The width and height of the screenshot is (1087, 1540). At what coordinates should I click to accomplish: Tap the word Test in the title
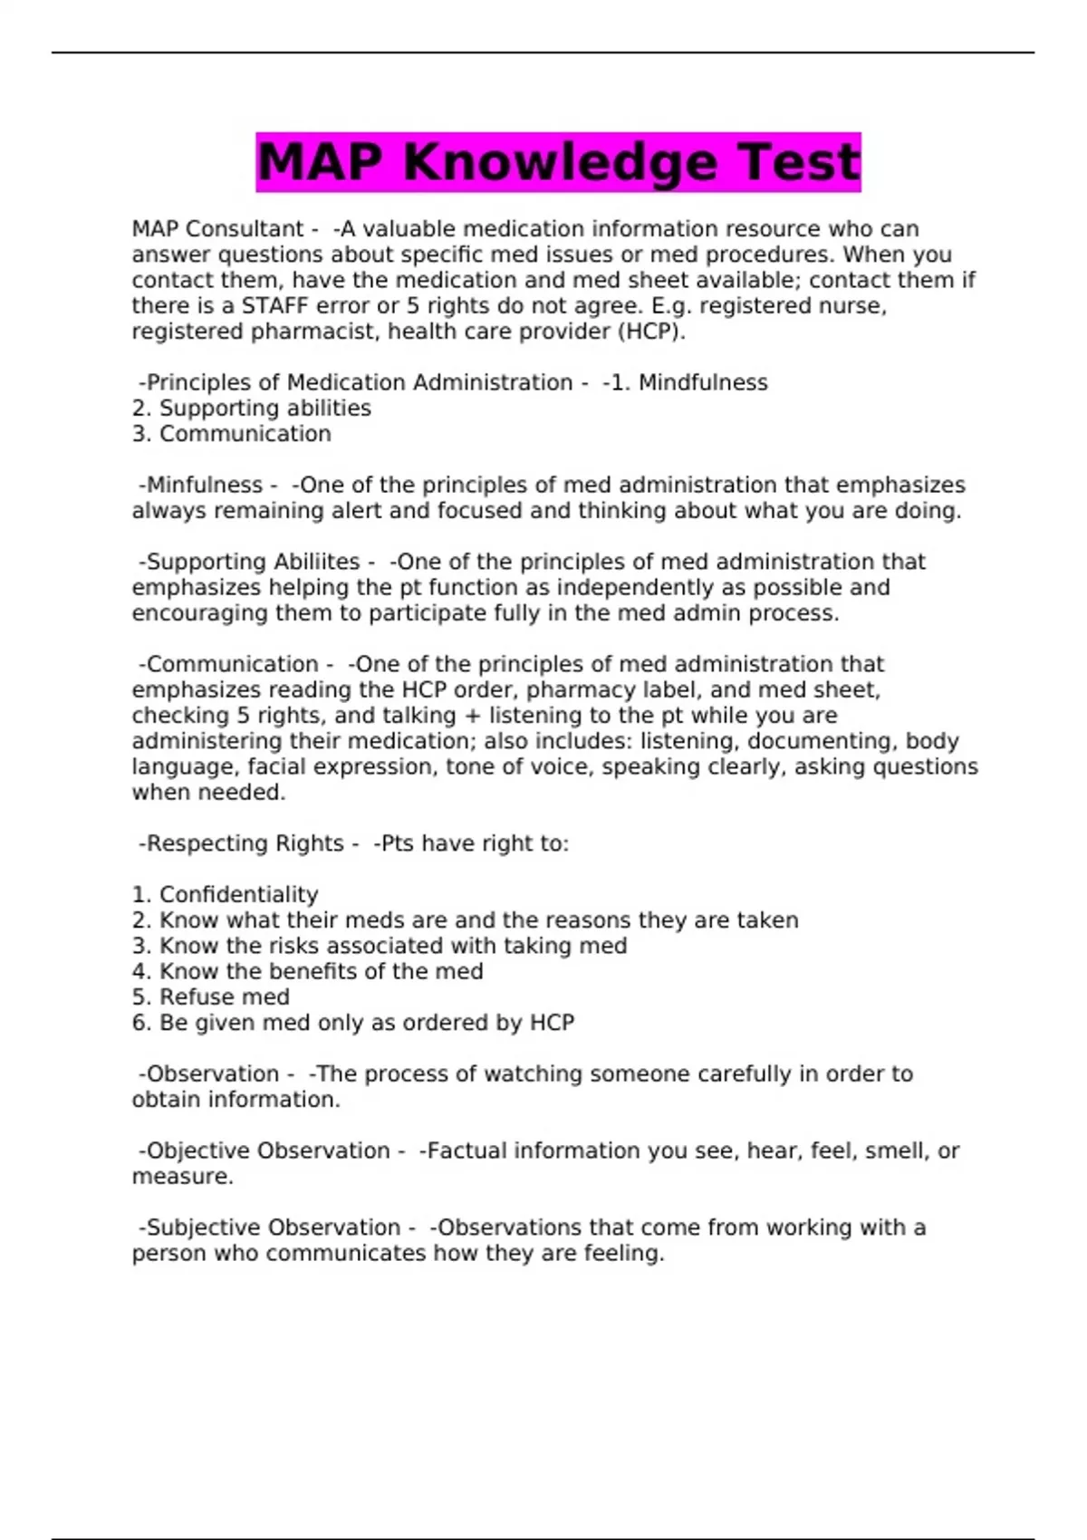coord(799,162)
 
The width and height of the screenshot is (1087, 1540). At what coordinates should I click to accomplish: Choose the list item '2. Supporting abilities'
coord(251,409)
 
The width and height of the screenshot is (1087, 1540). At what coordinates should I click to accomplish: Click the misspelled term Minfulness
coord(204,486)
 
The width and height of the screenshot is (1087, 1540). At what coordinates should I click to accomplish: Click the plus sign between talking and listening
coord(471,716)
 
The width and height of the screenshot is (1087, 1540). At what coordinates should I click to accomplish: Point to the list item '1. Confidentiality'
coord(225,895)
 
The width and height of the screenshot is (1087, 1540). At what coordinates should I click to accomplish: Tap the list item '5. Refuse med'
coord(210,997)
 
